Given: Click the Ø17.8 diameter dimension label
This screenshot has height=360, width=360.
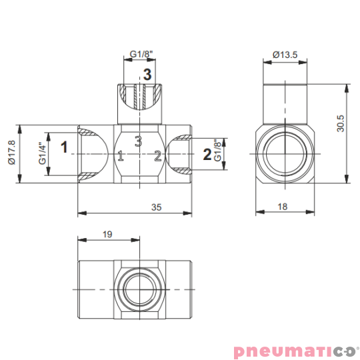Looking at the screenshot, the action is click(11, 153).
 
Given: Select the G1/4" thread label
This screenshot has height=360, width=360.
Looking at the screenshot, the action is click(43, 153).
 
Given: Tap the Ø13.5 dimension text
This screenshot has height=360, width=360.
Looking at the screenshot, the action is click(285, 55).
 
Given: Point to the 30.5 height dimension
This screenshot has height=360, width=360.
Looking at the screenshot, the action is click(341, 123).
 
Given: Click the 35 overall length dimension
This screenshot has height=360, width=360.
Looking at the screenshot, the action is click(157, 207).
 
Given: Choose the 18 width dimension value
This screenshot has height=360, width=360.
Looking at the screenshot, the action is click(283, 207).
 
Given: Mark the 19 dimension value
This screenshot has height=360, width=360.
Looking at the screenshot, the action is click(107, 235).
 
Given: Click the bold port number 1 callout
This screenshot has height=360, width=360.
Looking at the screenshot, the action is click(64, 147).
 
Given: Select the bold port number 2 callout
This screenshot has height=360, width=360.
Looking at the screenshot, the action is click(207, 154).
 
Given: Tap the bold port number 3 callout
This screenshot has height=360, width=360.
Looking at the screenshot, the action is click(147, 74).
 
